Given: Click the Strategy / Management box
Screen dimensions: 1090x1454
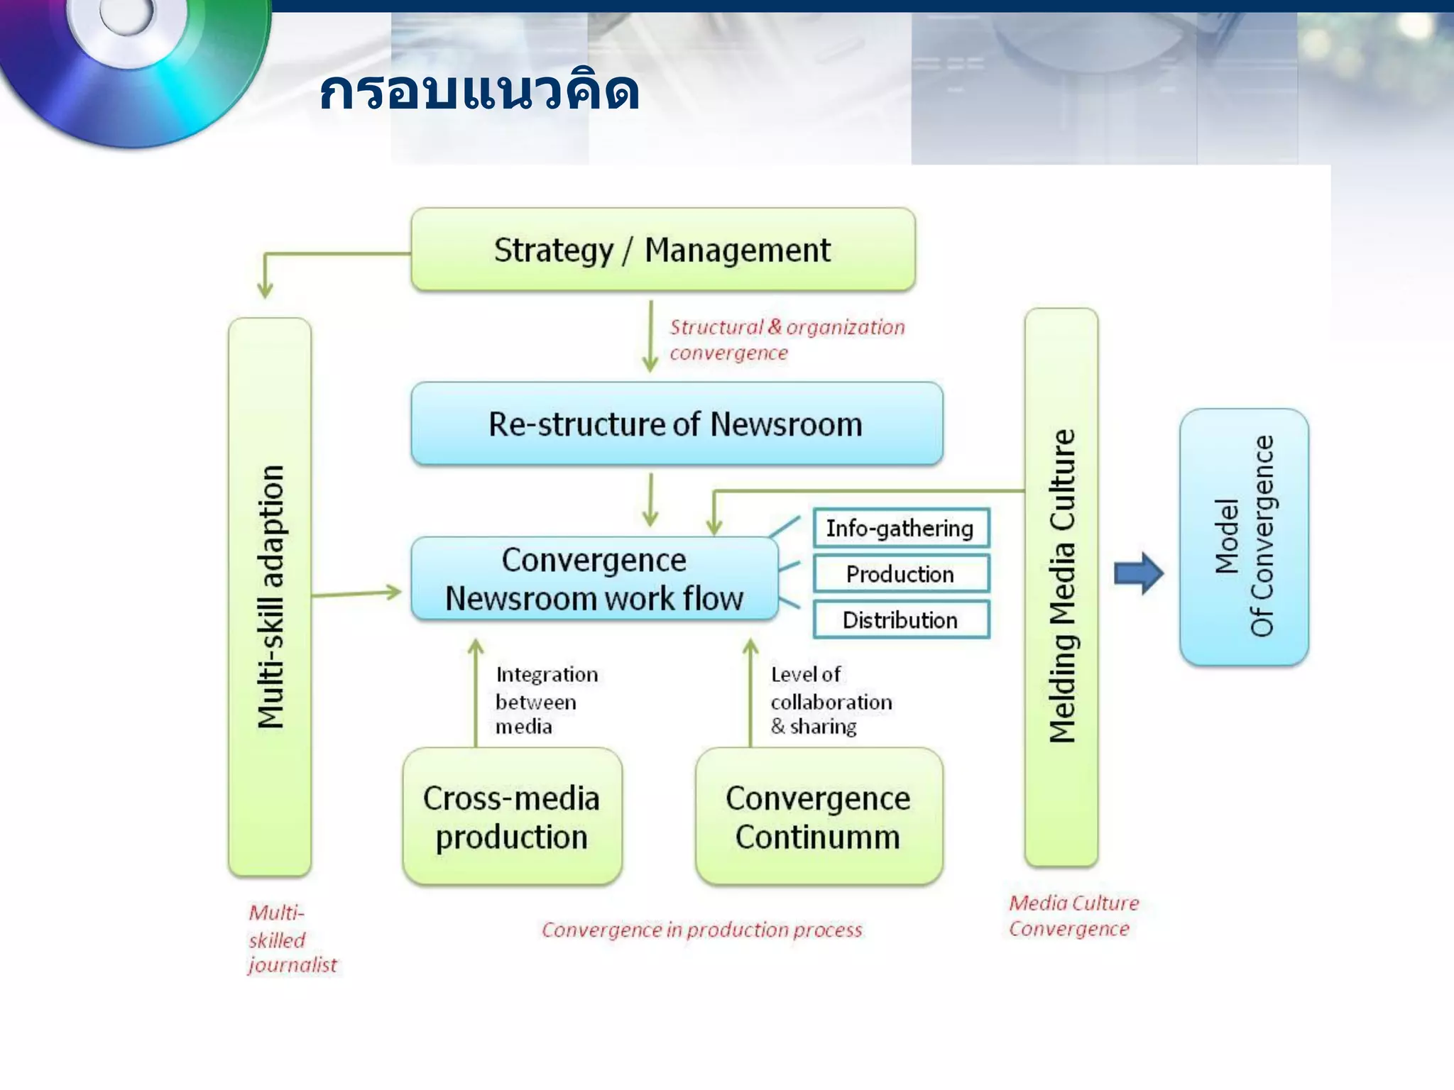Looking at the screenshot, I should click(662, 250).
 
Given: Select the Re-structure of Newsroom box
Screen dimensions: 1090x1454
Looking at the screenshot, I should click(676, 424).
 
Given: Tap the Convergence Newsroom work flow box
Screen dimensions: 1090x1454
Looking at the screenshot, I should click(594, 579).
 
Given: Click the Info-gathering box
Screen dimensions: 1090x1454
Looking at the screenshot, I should click(900, 528).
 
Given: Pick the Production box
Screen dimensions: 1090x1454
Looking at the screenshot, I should click(900, 574).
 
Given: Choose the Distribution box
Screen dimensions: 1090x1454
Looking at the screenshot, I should click(900, 620).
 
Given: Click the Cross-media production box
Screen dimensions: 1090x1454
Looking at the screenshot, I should click(512, 817).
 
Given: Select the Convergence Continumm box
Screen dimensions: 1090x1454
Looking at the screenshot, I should click(819, 817).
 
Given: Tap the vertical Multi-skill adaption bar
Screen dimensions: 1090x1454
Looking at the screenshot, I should click(270, 596).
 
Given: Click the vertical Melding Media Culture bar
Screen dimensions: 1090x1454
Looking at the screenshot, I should click(1061, 586).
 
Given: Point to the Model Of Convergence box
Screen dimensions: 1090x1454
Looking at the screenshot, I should click(1244, 536).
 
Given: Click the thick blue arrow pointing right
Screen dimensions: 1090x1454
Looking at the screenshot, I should click(1138, 573).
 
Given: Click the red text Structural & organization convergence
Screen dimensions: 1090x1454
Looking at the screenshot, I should click(786, 340).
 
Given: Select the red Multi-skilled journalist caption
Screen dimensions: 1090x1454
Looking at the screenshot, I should click(291, 938).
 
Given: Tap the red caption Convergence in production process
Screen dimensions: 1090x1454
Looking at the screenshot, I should click(701, 930).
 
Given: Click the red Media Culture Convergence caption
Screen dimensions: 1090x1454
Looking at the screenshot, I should click(1073, 915).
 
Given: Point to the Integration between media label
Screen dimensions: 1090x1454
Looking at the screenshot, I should click(545, 700).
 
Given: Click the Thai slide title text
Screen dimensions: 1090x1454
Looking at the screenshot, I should click(479, 92).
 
